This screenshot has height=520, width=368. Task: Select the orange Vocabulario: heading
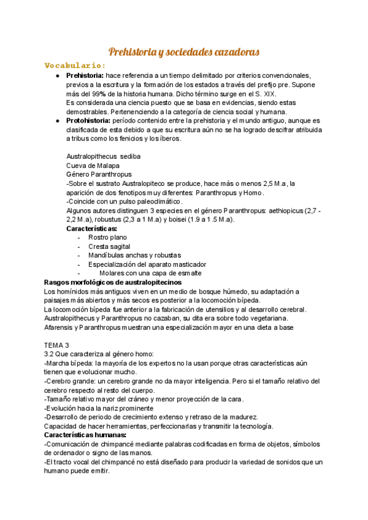tap(75, 66)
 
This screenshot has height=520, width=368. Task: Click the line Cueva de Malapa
tap(93, 166)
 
